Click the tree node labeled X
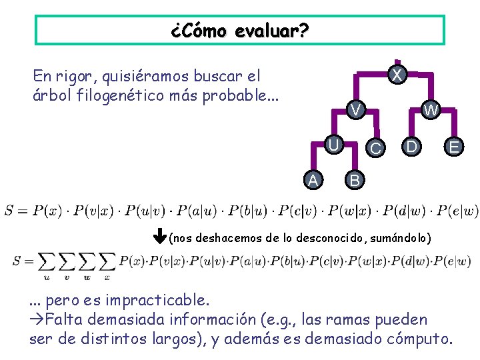coord(397,75)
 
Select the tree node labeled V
coord(357,109)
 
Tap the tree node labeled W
coord(431,110)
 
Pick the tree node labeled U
coord(335,145)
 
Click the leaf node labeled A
coord(313,179)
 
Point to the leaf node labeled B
coord(355,179)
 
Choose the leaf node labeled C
coord(376,147)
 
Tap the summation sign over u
coord(46,263)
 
